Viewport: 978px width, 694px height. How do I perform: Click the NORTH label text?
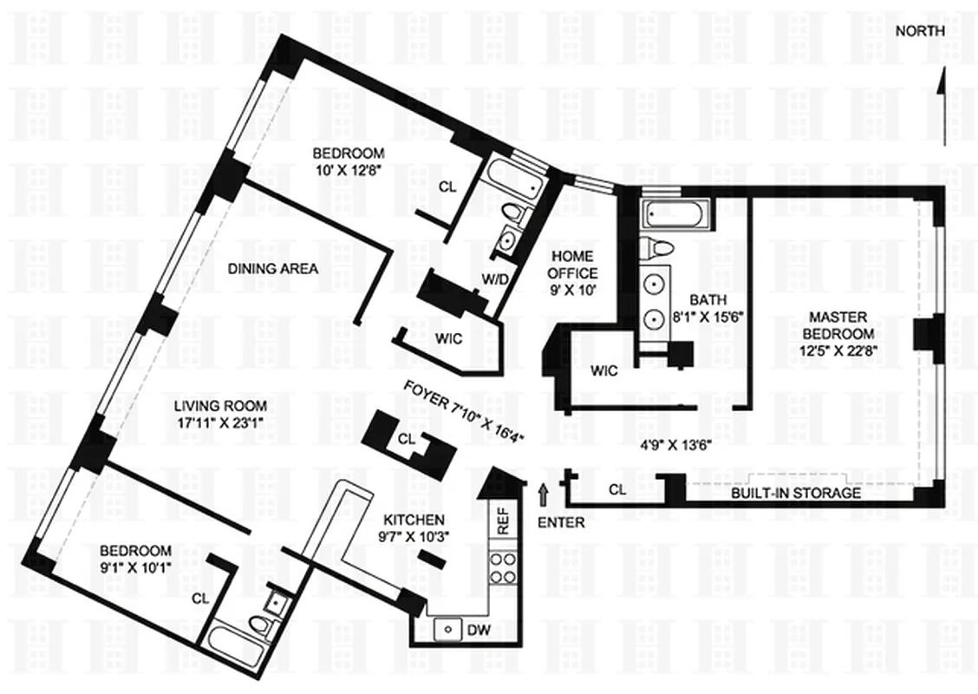920,31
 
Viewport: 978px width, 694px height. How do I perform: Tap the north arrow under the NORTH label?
940,104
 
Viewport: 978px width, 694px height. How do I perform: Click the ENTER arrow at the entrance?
544,495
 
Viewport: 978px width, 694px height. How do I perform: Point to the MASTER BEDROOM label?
838,333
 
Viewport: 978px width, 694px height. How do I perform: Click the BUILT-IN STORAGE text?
796,493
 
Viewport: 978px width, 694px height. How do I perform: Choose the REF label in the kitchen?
504,520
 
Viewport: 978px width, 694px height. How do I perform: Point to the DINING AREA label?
273,269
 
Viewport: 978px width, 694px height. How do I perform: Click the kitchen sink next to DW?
448,627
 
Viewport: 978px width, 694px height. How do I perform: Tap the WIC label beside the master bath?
603,371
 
